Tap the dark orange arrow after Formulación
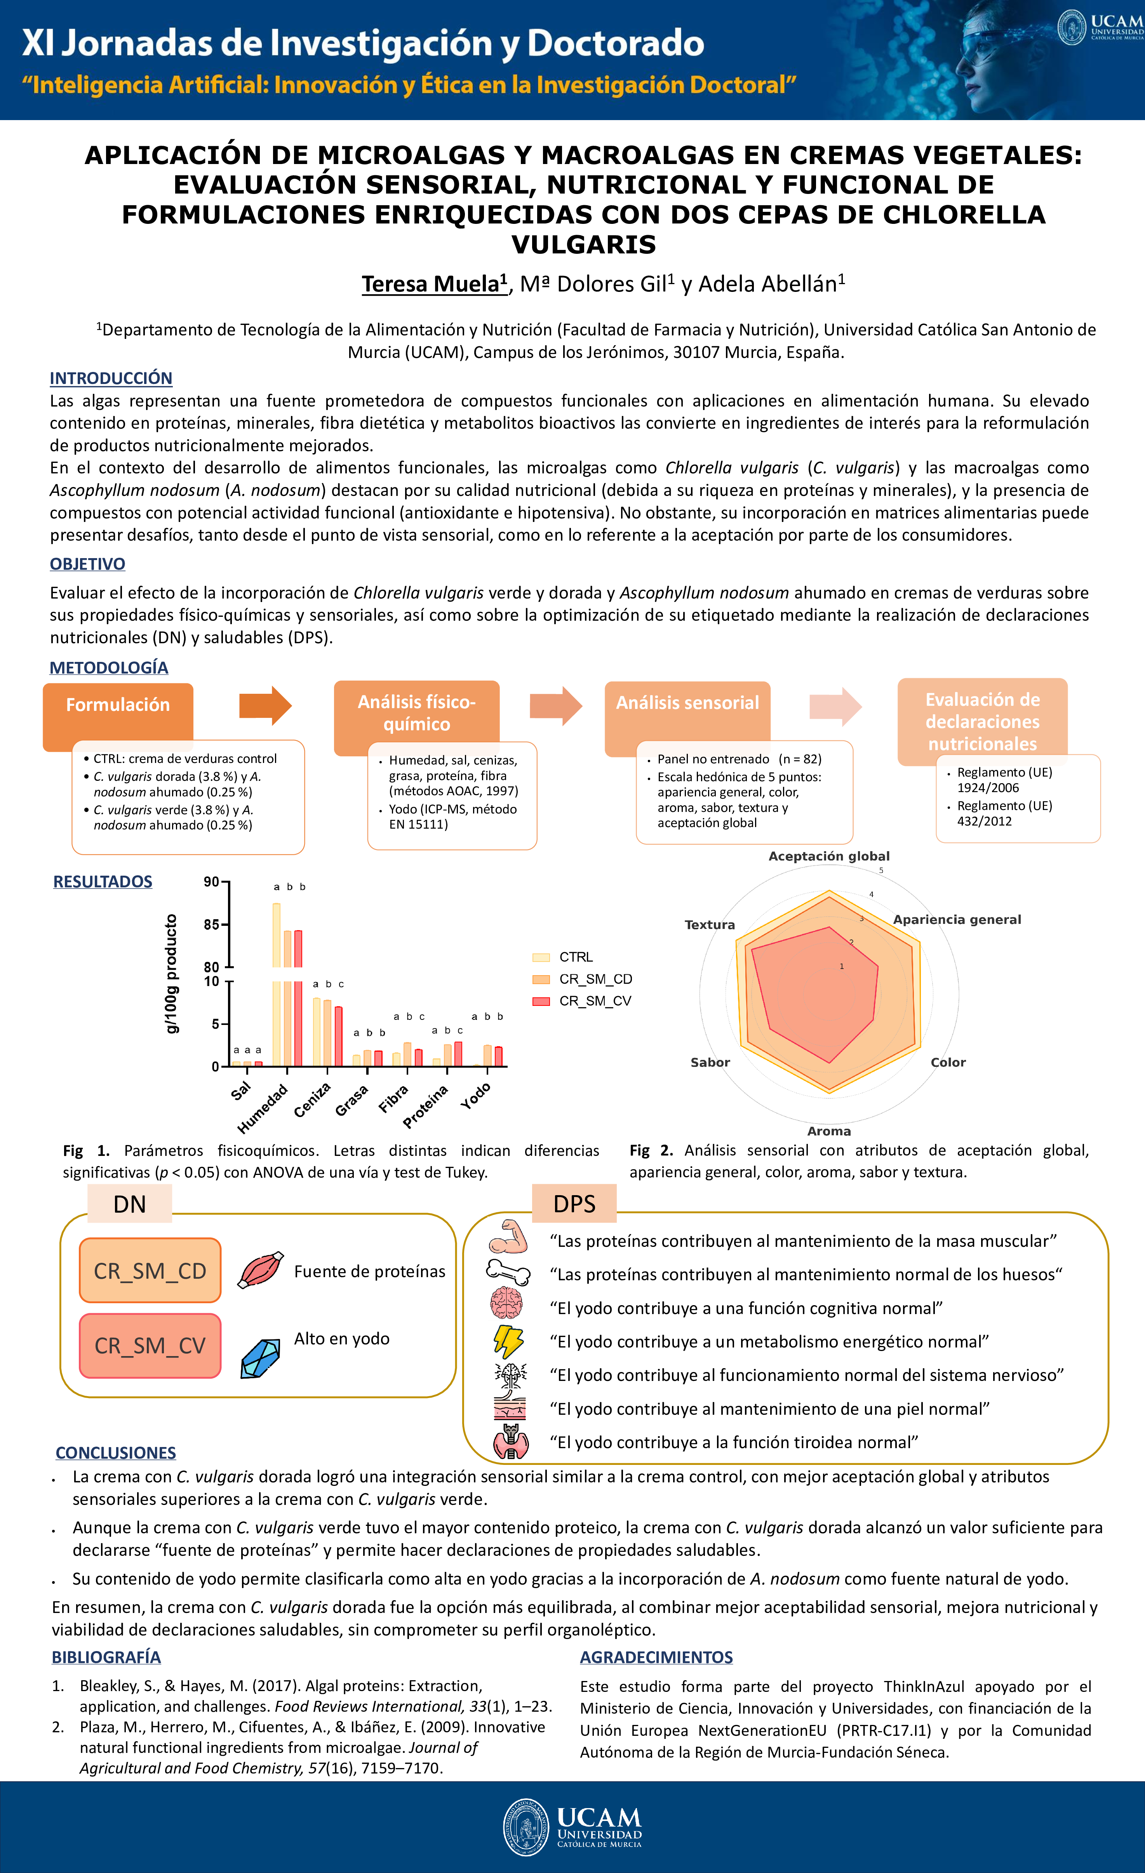click(x=265, y=705)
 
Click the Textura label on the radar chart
click(x=710, y=925)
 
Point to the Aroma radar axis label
click(x=829, y=1131)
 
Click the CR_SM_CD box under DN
click(x=150, y=1271)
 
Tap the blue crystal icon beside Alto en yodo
click(x=260, y=1358)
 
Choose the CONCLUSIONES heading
click(x=115, y=1452)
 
